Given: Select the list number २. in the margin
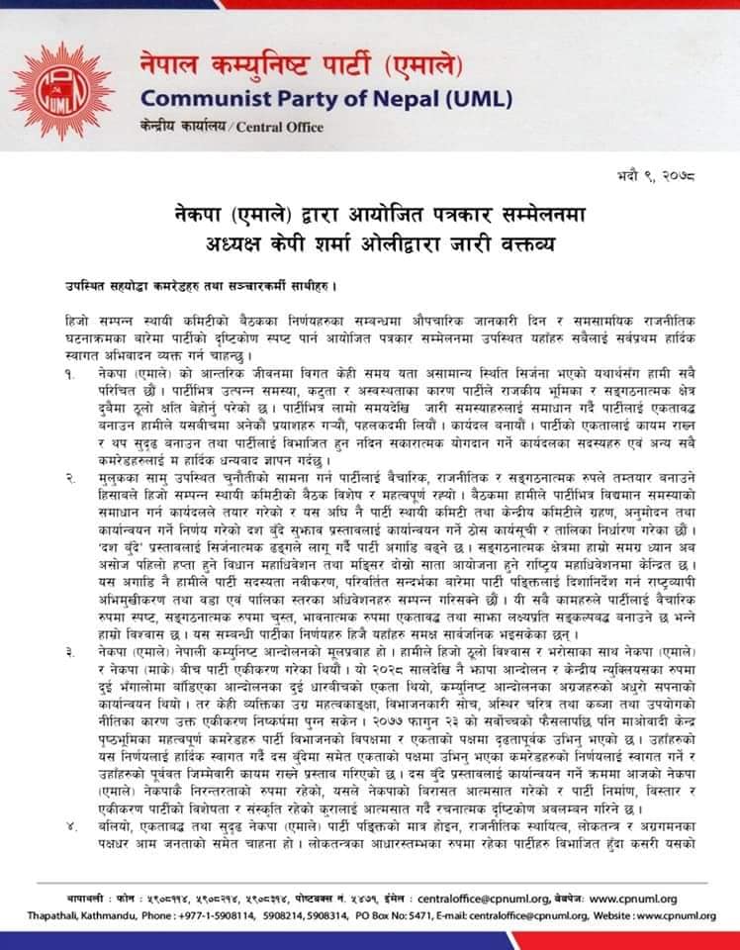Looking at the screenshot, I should [x=70, y=479].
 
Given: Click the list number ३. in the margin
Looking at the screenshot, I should [x=70, y=653].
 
